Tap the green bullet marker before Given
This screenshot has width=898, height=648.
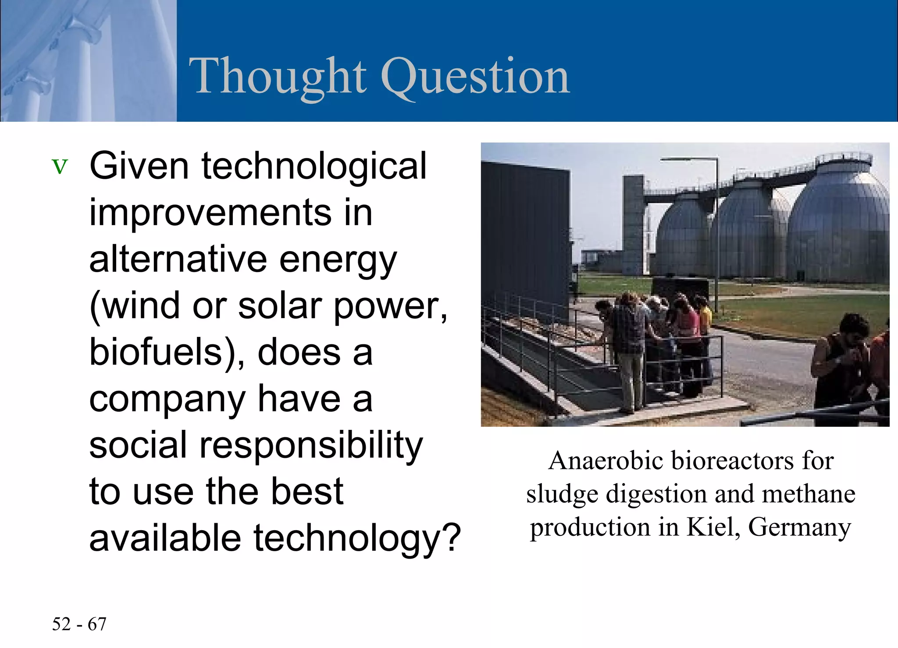60,167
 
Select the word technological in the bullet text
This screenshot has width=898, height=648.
314,166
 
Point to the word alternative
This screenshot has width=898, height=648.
178,259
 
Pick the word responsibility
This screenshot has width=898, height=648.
311,445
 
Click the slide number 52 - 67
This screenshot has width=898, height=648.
79,624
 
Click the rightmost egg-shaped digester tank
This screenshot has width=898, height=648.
840,228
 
